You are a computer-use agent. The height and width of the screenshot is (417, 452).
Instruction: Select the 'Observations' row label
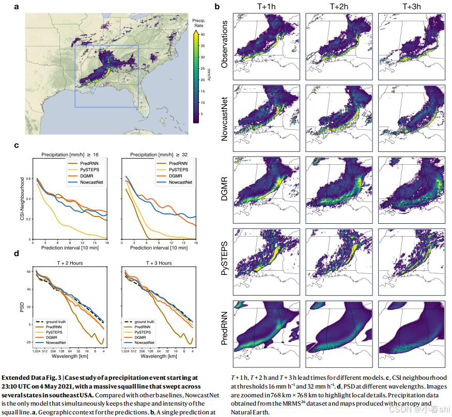point(224,42)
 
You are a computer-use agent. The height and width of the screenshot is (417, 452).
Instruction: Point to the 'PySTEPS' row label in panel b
point(224,257)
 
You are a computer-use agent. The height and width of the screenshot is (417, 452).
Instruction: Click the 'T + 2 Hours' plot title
point(70,263)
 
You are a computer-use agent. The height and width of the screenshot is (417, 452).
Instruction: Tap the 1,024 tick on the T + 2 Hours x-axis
point(36,351)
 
